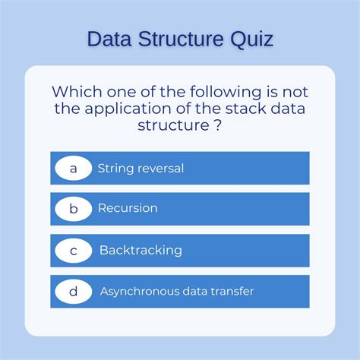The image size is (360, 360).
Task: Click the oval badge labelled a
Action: [x=74, y=168]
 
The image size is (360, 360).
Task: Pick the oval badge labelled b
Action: [x=74, y=208]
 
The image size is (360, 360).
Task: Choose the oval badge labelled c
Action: [x=74, y=250]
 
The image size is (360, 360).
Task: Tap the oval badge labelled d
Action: [x=74, y=291]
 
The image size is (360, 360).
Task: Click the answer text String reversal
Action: [x=141, y=168]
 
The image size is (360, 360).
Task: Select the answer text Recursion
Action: [x=128, y=208]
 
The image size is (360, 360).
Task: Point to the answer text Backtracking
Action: [x=141, y=250]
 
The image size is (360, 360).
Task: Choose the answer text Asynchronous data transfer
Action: [x=177, y=291]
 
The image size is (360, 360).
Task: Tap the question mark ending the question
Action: [x=218, y=125]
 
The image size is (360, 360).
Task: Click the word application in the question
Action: [x=139, y=109]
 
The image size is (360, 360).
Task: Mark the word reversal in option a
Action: [x=162, y=168]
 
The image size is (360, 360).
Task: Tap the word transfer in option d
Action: [x=232, y=291]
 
